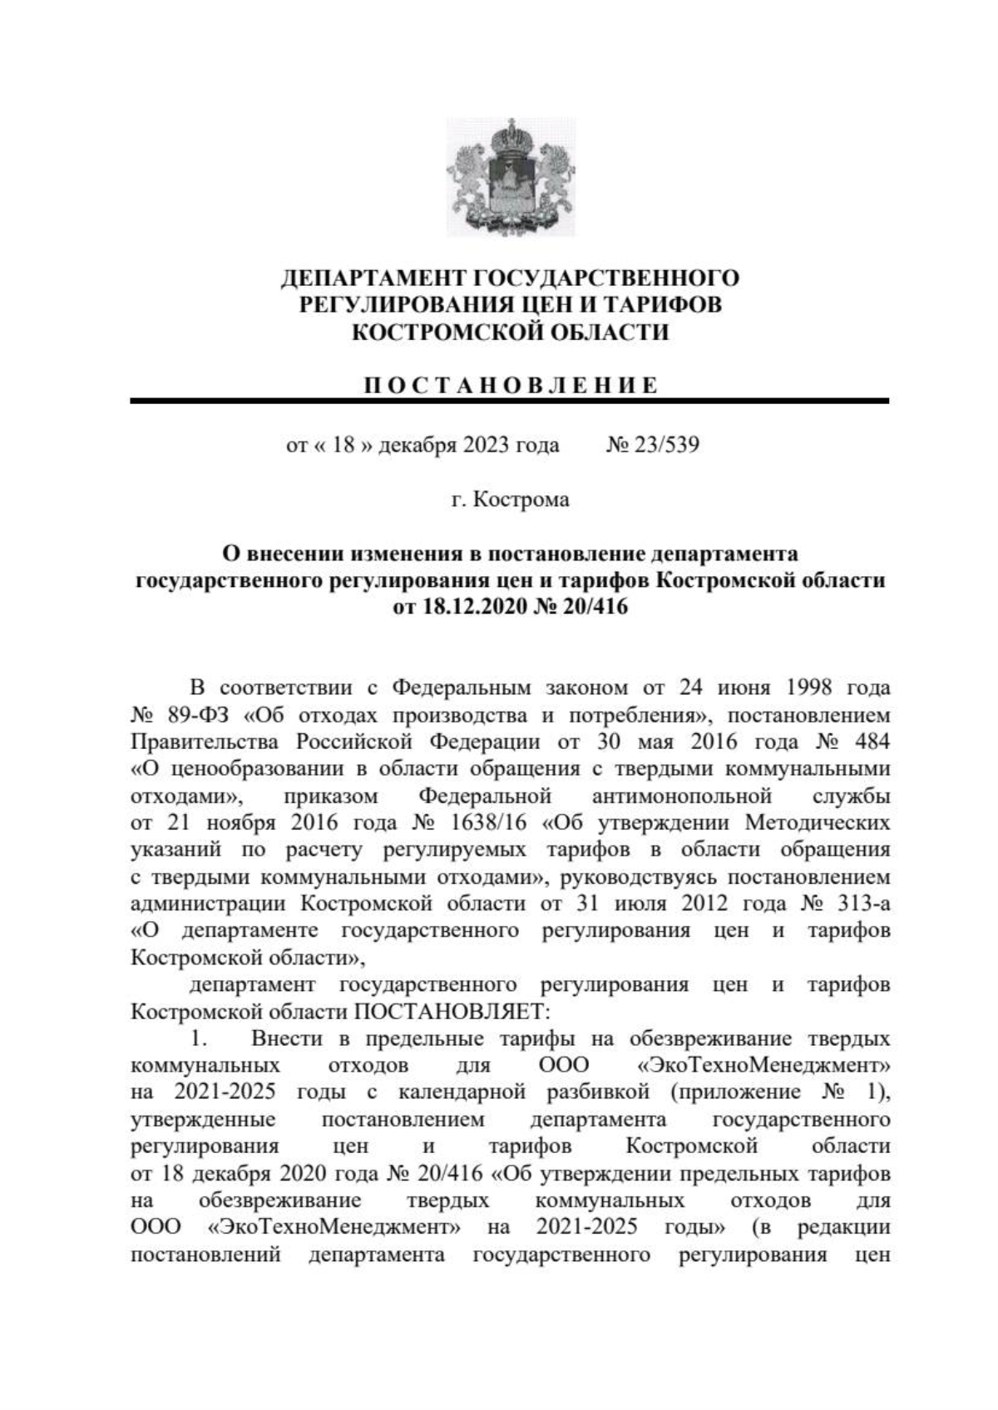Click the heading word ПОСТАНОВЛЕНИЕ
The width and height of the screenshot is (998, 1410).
coord(511,386)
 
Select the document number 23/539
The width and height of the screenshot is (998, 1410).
coord(666,446)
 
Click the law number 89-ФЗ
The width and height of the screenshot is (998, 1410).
coord(192,715)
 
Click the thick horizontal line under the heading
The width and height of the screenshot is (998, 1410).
coord(509,402)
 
